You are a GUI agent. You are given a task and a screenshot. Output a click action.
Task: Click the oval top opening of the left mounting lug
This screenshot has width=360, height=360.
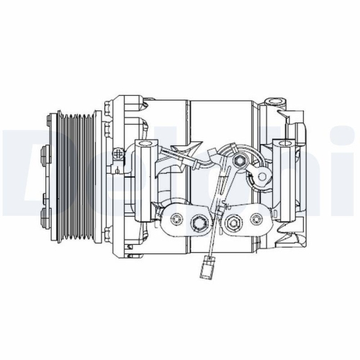[143, 146]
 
